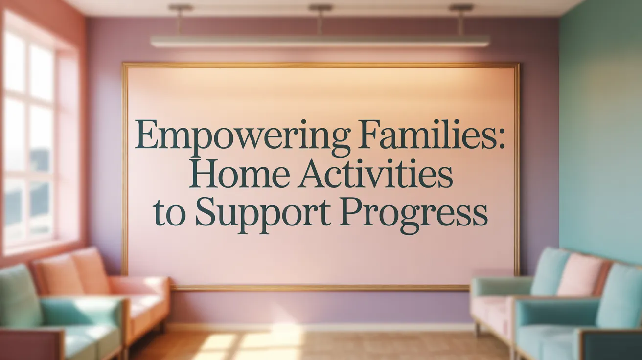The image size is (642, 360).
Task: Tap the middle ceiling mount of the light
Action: [320, 8]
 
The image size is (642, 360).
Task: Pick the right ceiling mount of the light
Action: [460, 8]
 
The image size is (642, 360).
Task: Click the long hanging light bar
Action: [320, 41]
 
